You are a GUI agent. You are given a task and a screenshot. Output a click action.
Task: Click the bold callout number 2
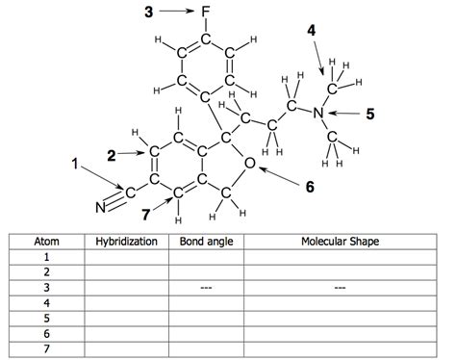[112, 152]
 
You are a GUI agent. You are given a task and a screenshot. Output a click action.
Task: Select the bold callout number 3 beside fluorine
[148, 12]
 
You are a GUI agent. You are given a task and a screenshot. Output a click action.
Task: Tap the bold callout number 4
[312, 31]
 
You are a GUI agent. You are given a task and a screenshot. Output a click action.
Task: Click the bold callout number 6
[310, 187]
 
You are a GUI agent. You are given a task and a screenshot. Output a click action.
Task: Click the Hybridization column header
[126, 241]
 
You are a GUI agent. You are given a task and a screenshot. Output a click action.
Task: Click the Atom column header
[46, 241]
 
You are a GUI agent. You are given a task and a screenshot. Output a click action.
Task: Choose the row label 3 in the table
[46, 287]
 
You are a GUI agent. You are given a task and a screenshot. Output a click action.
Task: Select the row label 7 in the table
[46, 348]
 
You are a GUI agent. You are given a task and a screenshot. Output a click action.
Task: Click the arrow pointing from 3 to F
[177, 12]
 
